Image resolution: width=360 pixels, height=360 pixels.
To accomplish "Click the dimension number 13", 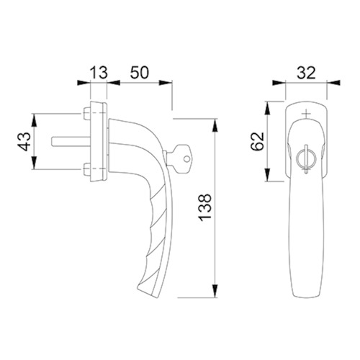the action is (x=99, y=73).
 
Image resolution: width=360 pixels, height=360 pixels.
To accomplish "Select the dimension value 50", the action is (x=140, y=72).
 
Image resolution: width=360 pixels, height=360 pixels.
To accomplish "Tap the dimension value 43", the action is (x=25, y=141).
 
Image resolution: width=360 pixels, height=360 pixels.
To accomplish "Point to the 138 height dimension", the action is (x=204, y=207).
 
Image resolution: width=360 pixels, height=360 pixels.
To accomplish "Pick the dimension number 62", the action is (x=257, y=141).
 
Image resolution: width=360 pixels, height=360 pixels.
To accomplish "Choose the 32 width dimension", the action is (x=306, y=73).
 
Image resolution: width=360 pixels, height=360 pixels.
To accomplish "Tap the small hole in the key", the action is (x=186, y=158).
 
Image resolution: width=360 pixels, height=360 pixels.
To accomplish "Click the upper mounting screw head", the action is (x=86, y=114).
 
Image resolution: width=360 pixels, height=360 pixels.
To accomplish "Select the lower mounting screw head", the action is (x=86, y=169).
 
